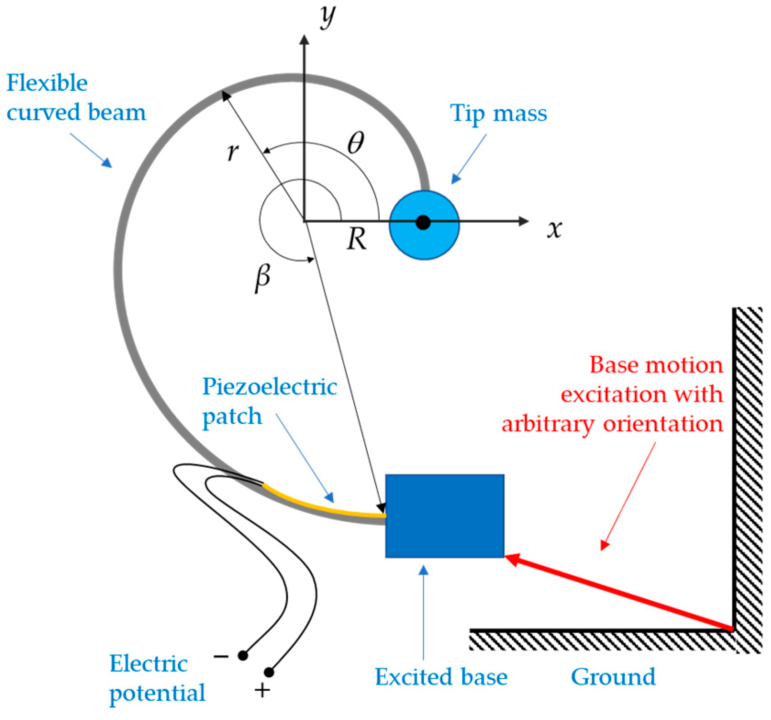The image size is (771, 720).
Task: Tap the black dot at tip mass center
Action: point(423,223)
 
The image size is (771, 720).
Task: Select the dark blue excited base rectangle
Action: point(445,516)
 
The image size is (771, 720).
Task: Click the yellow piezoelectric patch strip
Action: point(318,506)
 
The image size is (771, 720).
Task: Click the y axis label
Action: point(327,17)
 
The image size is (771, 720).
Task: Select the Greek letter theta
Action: point(356,144)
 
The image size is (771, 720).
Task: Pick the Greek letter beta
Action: point(262,277)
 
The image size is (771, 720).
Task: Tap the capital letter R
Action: point(356,240)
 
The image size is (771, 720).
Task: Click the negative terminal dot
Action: point(243,656)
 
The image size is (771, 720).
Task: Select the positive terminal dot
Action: point(269,672)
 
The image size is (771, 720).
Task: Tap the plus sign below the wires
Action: point(262,691)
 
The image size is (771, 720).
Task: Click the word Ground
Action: point(613,677)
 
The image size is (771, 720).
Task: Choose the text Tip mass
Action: point(499,113)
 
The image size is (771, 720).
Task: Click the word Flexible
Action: point(47,83)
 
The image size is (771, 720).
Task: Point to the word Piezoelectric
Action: point(270,387)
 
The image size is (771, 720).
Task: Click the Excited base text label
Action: point(441,677)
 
